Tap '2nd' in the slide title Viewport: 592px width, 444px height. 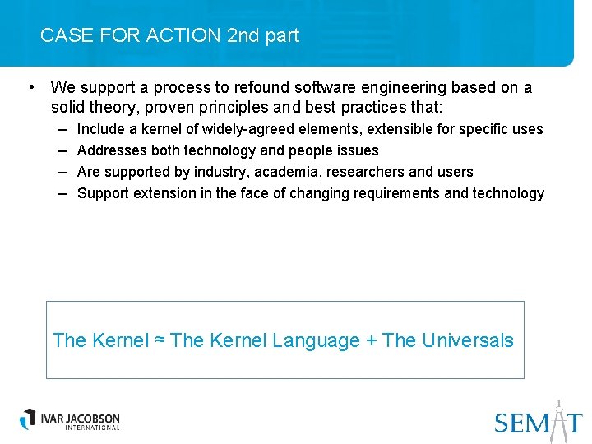pos(243,35)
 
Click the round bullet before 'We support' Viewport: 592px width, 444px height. pos(30,87)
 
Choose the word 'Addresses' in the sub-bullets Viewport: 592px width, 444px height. pos(110,150)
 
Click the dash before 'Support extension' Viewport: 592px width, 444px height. pos(63,193)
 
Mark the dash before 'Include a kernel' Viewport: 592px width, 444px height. pos(63,129)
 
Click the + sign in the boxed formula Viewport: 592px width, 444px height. pos(371,340)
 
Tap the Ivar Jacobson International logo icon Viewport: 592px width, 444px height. pos(30,419)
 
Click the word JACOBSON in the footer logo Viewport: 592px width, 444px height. pos(93,418)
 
